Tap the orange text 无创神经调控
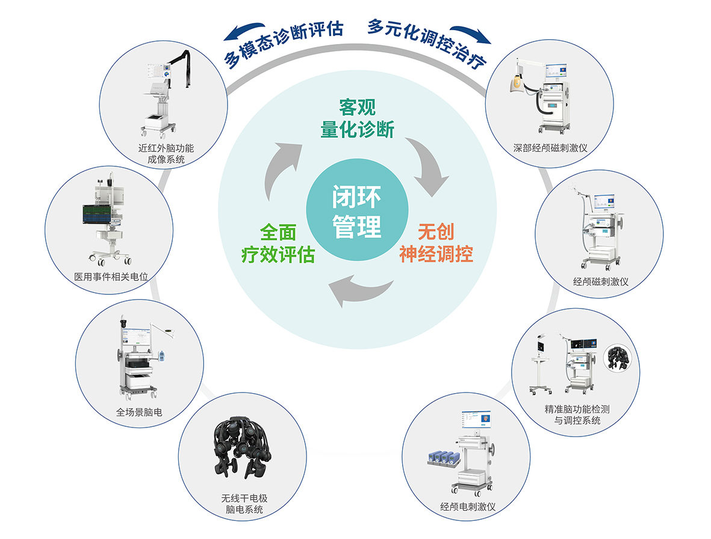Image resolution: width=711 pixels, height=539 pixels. click(x=436, y=243)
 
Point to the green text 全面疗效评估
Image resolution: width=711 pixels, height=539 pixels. click(x=278, y=244)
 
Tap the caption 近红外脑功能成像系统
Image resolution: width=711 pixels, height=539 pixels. click(x=162, y=154)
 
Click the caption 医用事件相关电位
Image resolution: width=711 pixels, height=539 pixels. click(x=111, y=277)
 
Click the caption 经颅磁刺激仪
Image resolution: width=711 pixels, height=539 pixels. click(x=600, y=282)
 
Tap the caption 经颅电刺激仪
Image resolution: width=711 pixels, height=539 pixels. click(x=467, y=506)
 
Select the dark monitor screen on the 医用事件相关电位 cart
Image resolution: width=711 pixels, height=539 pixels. click(x=97, y=215)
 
